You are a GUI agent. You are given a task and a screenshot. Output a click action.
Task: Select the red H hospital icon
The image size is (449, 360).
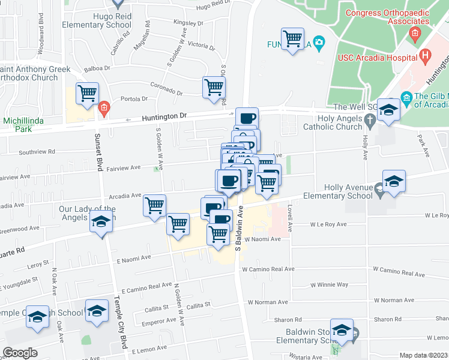tap(426, 57)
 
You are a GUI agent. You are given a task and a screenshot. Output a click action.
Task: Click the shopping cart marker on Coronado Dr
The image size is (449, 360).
tap(214, 87)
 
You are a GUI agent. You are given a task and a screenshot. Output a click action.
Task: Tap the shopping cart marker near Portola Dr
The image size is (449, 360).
tap(88, 94)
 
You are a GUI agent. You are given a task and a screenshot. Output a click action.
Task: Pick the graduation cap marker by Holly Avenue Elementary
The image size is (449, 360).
tap(394, 181)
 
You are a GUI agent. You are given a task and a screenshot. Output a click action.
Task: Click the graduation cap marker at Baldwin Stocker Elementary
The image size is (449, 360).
tap(342, 331)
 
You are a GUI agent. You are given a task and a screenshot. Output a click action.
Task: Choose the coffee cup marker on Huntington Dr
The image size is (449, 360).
tap(246, 118)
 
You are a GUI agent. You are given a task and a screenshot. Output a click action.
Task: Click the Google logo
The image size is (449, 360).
tap(20, 352)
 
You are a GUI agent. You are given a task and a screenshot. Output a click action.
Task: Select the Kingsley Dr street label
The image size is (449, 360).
tap(188, 22)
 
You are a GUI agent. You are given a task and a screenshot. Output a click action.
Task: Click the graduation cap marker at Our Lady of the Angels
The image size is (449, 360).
tap(101, 223)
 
